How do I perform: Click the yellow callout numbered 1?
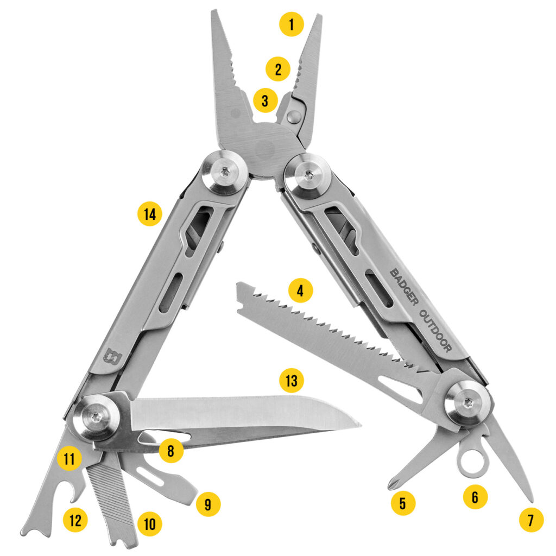tap(292, 24)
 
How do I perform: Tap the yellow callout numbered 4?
tap(301, 291)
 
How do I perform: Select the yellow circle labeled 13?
tap(292, 381)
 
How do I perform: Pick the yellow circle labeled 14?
tap(150, 214)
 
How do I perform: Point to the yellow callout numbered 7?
tap(531, 520)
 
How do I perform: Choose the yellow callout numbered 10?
tap(150, 524)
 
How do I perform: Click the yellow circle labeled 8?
tap(171, 451)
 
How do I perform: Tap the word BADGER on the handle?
tap(404, 287)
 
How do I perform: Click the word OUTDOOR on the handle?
tap(435, 331)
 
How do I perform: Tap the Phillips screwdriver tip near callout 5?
tap(391, 485)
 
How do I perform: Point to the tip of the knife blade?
tap(361, 425)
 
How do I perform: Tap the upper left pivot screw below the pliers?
tap(225, 173)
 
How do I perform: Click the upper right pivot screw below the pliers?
tap(308, 174)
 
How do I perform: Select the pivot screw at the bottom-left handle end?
tap(96, 418)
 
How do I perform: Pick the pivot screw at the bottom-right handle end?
tap(468, 402)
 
